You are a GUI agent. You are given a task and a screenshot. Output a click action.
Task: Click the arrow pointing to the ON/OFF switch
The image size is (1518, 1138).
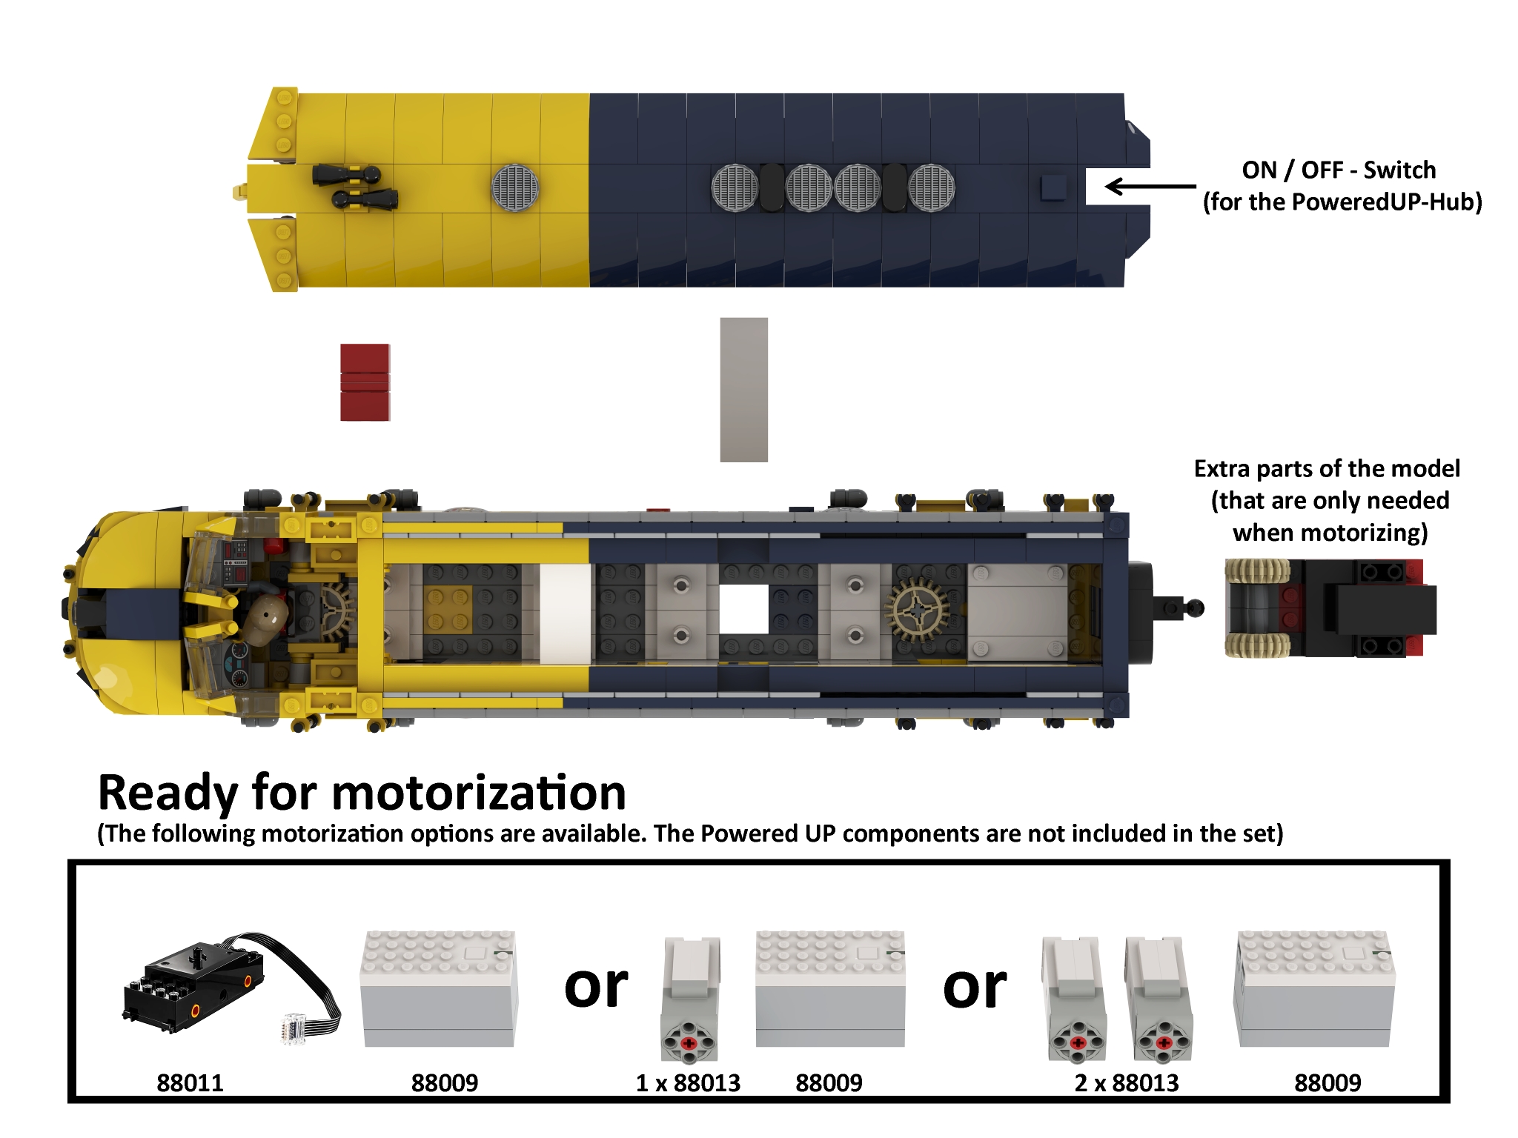coord(1149,186)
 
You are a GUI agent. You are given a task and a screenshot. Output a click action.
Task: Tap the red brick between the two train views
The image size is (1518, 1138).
coord(365,382)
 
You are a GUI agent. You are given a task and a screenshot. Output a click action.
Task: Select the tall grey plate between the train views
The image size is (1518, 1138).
coord(743,390)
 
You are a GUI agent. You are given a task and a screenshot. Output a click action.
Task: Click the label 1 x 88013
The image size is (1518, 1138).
coord(688,1083)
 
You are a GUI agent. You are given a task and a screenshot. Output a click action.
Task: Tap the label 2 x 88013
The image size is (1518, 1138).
coord(1126,1083)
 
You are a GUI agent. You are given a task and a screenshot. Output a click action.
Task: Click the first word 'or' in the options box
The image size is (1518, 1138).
coord(595,988)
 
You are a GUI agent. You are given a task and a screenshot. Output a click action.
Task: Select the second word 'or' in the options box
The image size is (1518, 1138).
coord(974,988)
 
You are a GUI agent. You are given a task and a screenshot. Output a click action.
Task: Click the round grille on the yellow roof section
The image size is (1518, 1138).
coord(515,187)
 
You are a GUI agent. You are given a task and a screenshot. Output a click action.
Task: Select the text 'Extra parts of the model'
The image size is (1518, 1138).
coord(1327,469)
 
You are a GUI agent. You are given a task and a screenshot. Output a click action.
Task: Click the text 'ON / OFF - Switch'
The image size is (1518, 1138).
coord(1339,170)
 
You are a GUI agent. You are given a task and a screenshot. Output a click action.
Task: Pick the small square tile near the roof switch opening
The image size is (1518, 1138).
coord(1053,187)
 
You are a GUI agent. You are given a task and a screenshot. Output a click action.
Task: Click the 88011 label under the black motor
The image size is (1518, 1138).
coord(190,1083)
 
